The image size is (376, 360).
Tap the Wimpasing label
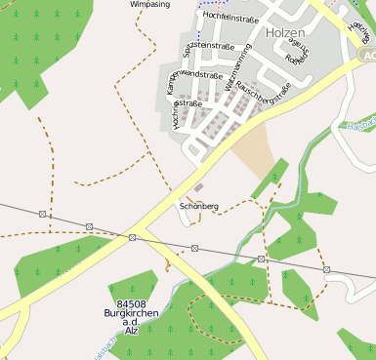click(149, 4)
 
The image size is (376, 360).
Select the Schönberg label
click(199, 207)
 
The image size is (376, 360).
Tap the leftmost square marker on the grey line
click(42, 214)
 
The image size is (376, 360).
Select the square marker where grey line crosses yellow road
click(132, 237)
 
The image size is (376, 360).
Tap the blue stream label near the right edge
click(361, 125)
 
